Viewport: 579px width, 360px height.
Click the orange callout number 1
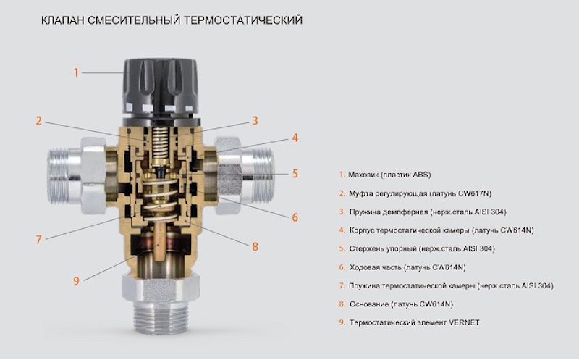tap(77, 72)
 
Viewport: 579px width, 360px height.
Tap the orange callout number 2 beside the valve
tap(39, 121)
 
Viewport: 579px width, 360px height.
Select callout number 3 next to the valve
tap(255, 121)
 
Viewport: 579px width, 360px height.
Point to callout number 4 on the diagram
tap(295, 138)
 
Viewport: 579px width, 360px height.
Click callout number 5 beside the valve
tap(295, 174)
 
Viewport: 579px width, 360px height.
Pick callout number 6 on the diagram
tap(295, 217)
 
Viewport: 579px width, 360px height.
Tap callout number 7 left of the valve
tap(39, 240)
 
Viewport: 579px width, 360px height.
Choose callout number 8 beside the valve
tap(255, 246)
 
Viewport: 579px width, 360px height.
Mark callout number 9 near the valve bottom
tap(77, 281)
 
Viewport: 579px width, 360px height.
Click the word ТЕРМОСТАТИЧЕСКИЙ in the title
tap(243, 20)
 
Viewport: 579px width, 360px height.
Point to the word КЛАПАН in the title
tap(63, 20)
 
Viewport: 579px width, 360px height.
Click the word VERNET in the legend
tap(464, 322)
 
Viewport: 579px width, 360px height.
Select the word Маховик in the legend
tap(364, 175)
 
